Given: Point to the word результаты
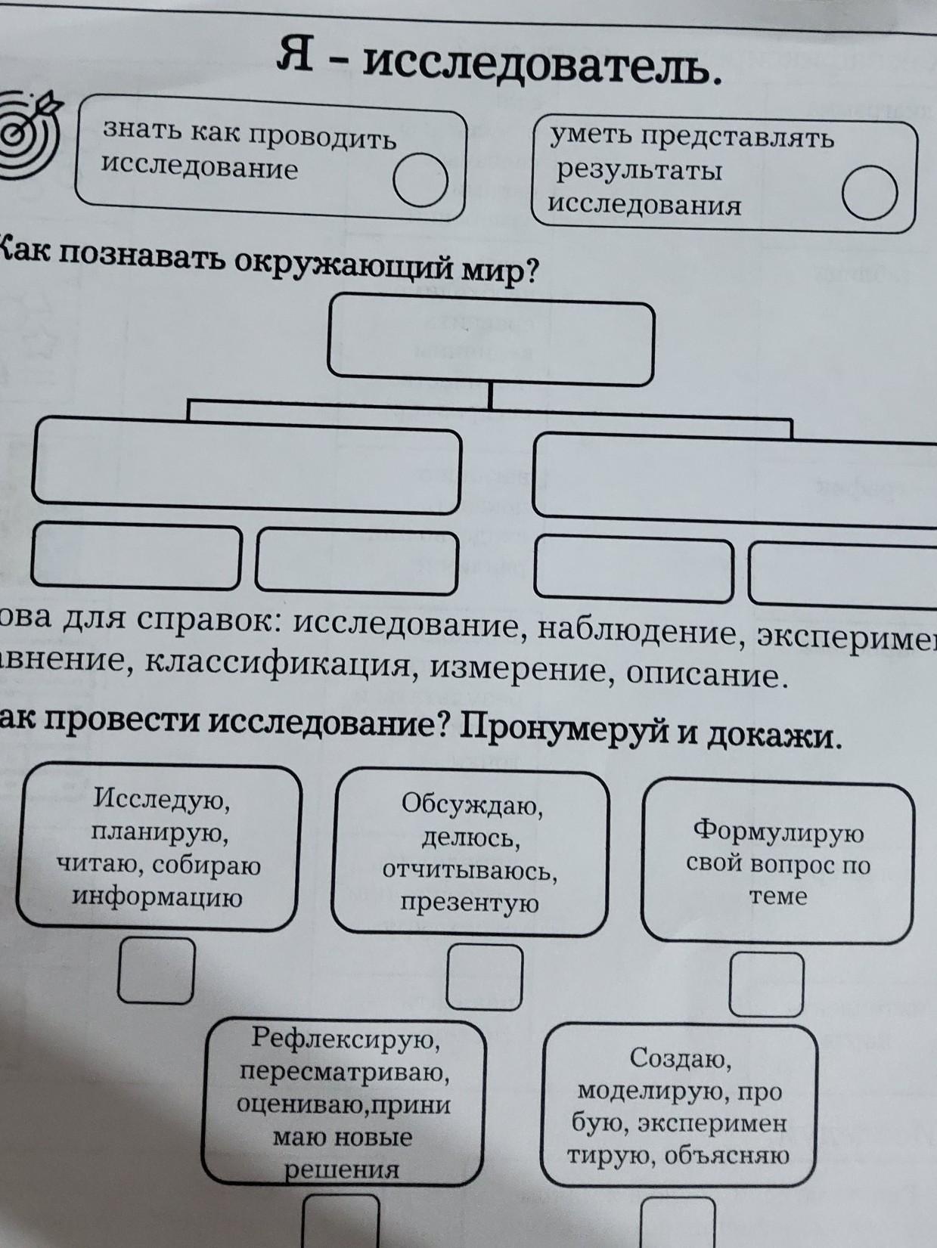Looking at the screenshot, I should coord(640,171).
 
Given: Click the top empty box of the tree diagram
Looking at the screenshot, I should coord(491,339).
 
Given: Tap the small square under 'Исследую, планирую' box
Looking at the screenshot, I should coord(157,971).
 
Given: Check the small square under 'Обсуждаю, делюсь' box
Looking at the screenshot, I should coord(484,977).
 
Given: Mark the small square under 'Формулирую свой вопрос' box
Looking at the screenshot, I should coord(767,984).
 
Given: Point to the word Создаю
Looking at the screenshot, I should coord(680,1060).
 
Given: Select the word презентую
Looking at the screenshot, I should coord(469,903).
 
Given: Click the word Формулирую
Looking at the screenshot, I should coord(778,832).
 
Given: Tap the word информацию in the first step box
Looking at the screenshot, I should coord(157,898).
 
